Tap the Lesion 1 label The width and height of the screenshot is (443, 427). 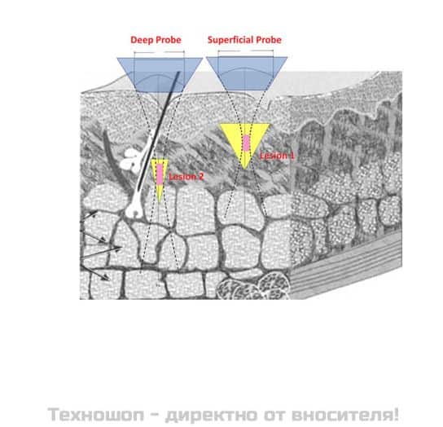click(277, 156)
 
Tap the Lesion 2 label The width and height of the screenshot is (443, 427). click(186, 177)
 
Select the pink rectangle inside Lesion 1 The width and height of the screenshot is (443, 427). click(247, 143)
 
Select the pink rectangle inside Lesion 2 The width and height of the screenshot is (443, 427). click(160, 174)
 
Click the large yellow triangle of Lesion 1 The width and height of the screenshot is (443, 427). click(244, 142)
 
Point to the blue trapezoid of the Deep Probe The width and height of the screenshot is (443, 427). click(160, 74)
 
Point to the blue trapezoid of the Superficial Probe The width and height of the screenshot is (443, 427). click(247, 73)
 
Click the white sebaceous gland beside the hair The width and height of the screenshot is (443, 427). click(131, 161)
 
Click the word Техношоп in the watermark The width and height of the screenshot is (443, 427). click(96, 415)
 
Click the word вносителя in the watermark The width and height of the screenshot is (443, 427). click(345, 415)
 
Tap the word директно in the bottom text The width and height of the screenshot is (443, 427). click(212, 415)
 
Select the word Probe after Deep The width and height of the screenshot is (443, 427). click(169, 40)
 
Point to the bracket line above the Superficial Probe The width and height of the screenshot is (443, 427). click(246, 51)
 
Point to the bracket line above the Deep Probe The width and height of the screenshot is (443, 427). click(160, 52)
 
